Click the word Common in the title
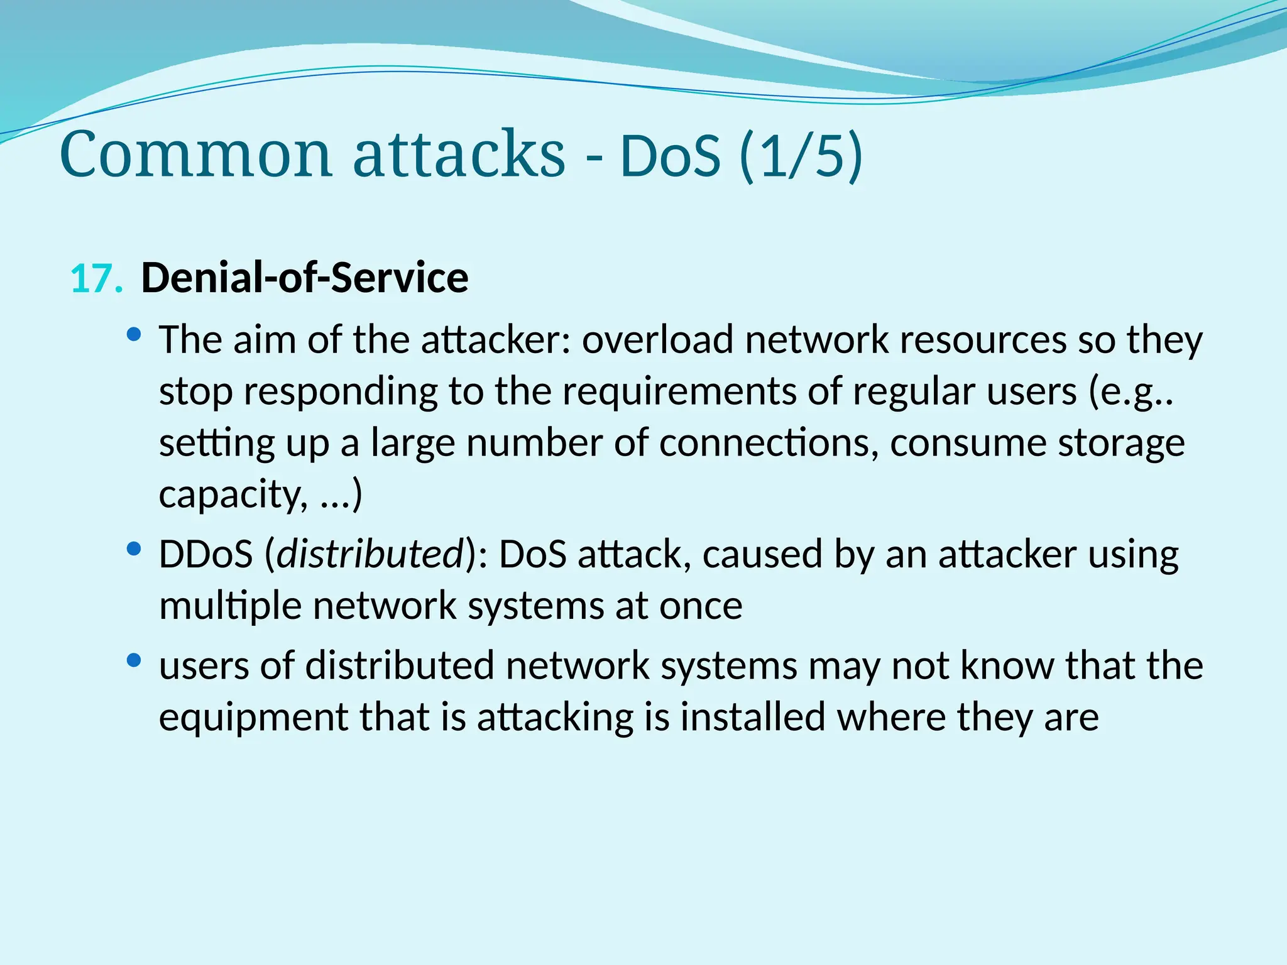point(195,155)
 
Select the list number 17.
point(96,279)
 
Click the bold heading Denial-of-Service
point(305,278)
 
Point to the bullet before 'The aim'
point(133,334)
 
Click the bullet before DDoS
point(133,549)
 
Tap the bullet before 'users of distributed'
point(133,660)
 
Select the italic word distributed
point(370,554)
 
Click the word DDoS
point(205,554)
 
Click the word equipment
point(253,717)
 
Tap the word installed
point(752,717)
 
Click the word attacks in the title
point(459,155)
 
